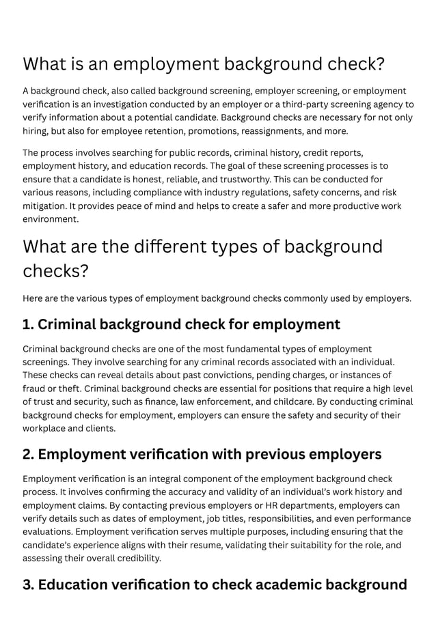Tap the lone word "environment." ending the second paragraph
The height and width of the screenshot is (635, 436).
tap(51, 219)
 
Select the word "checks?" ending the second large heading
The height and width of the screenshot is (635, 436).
tap(56, 271)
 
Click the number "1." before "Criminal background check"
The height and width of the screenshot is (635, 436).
tap(29, 324)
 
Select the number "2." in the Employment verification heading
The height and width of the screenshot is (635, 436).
tap(29, 455)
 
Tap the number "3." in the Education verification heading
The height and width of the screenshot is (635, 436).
tap(29, 585)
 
